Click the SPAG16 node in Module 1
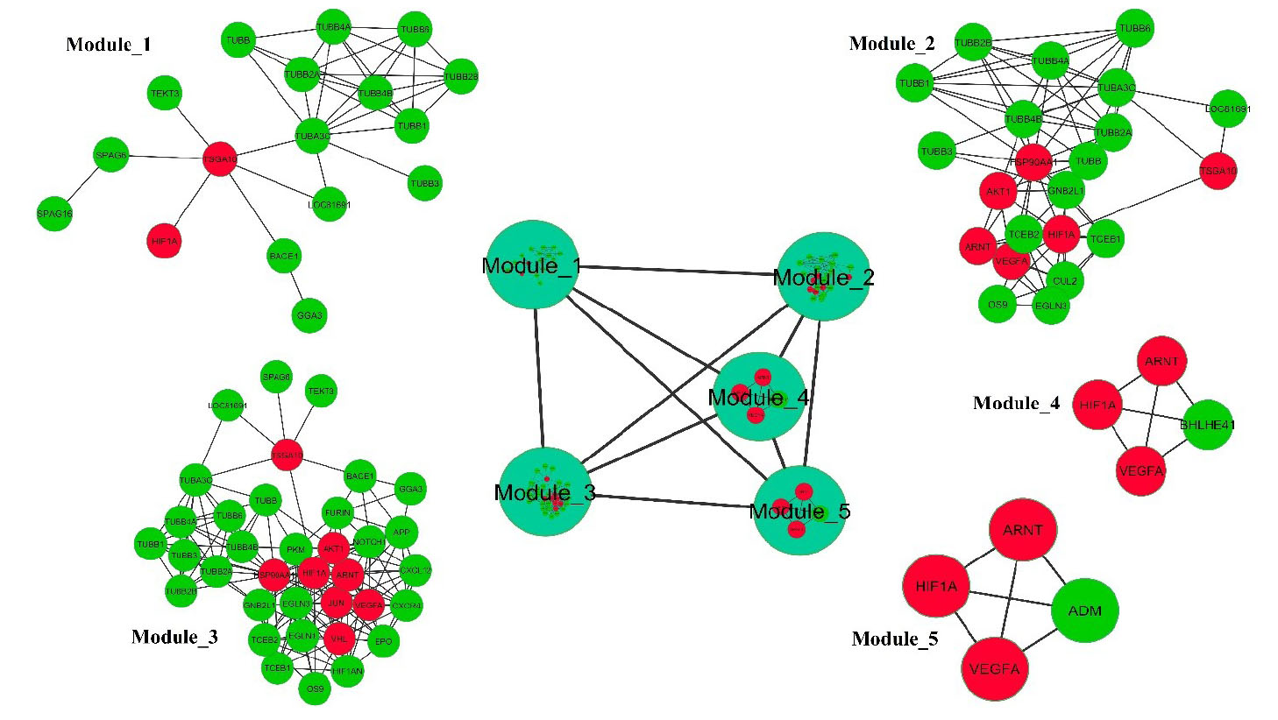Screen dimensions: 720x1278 [54, 214]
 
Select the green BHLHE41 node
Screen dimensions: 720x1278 [1208, 425]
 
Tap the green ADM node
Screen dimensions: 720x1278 [1085, 611]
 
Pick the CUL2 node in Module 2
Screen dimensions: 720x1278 [1065, 281]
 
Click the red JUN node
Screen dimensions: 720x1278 [337, 604]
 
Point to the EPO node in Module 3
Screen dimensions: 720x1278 [383, 641]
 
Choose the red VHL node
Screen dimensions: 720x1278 [339, 639]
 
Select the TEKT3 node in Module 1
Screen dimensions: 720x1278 [165, 94]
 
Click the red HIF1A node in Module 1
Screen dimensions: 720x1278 [165, 241]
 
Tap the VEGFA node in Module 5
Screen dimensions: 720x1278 [994, 669]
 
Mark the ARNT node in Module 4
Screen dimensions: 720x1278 [1161, 361]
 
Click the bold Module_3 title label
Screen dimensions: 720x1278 [174, 637]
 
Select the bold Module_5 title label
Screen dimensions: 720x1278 [895, 639]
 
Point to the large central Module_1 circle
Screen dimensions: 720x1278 [532, 265]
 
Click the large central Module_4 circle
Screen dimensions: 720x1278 [758, 398]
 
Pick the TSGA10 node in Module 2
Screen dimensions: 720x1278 [1218, 172]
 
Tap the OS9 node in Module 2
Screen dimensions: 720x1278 [998, 305]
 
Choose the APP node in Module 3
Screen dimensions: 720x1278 [401, 532]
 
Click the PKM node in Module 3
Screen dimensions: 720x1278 [296, 549]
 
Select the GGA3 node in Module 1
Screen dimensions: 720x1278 [309, 315]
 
